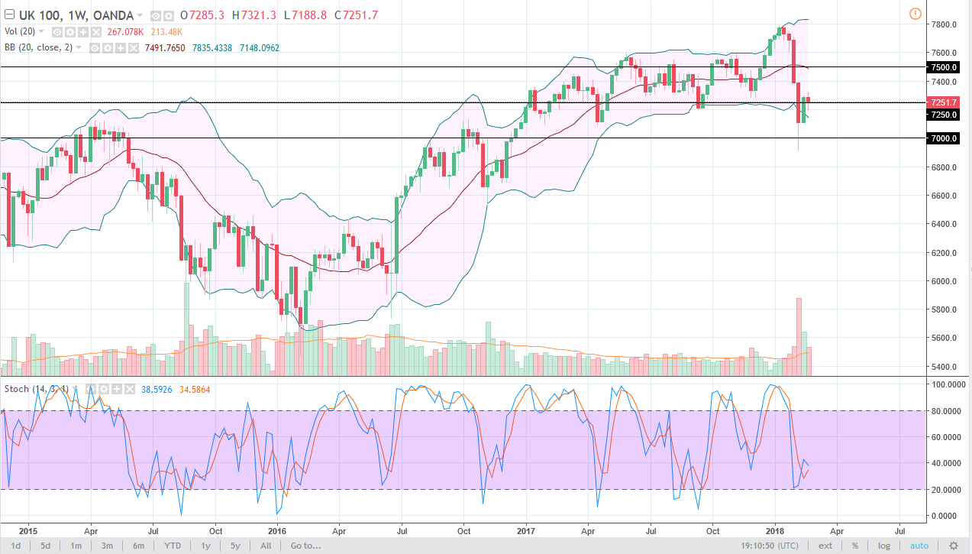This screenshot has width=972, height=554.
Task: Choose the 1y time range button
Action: click(x=206, y=546)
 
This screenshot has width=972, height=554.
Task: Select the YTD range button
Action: click(x=173, y=546)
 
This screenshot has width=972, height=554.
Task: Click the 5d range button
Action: click(x=46, y=546)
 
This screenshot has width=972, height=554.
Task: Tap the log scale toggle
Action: click(x=884, y=546)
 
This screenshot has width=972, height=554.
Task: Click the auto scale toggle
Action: click(x=919, y=546)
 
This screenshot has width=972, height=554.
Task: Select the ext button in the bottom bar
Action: click(x=825, y=546)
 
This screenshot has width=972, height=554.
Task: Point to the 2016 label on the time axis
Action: click(x=277, y=530)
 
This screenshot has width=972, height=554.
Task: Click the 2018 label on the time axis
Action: click(x=775, y=530)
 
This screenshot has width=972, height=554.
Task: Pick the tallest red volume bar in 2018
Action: click(x=799, y=336)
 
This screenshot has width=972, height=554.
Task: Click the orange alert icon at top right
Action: click(x=915, y=13)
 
